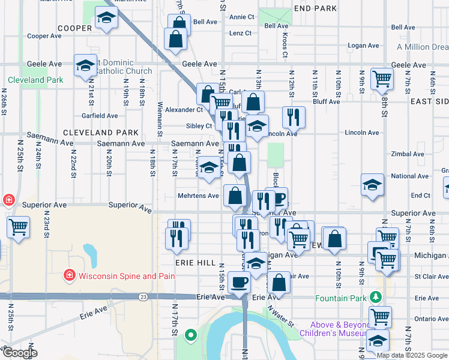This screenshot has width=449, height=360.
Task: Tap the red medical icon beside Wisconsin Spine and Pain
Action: [70, 276]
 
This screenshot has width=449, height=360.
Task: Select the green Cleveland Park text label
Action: [35, 80]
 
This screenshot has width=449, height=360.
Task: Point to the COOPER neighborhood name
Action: [74, 28]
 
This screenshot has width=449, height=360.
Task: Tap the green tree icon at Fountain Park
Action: [376, 297]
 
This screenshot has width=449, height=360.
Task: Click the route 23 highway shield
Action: [143, 296]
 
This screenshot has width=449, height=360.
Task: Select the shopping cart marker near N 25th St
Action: [19, 227]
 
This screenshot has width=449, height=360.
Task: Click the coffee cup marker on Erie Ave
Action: [240, 281]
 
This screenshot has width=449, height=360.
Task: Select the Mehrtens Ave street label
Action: [198, 196]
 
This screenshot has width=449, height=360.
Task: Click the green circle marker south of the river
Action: [190, 335]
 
